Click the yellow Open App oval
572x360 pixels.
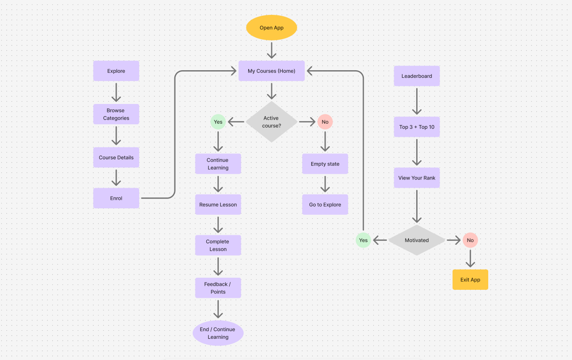pyautogui.click(x=272, y=28)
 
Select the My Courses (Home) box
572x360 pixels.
pyautogui.click(x=272, y=71)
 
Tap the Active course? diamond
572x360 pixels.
pyautogui.click(x=272, y=122)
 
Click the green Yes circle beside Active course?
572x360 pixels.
pyautogui.click(x=218, y=122)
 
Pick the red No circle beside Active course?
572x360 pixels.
pyautogui.click(x=325, y=122)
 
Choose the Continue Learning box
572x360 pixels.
pyautogui.click(x=218, y=164)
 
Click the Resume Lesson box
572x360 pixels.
pyautogui.click(x=218, y=205)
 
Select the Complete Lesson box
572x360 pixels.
pyautogui.click(x=218, y=245)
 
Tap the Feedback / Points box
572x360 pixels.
pyautogui.click(x=218, y=288)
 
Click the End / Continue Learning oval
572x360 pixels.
pyautogui.click(x=218, y=333)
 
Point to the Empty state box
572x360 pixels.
pyautogui.click(x=325, y=164)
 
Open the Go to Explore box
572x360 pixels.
pyautogui.click(x=325, y=205)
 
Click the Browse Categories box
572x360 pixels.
pyautogui.click(x=116, y=114)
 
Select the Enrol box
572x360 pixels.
pyautogui.click(x=116, y=198)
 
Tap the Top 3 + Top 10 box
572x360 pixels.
pyautogui.click(x=417, y=127)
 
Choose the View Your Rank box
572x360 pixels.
pyautogui.click(x=417, y=178)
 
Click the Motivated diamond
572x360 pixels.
pyautogui.click(x=417, y=240)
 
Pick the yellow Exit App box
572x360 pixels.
pyautogui.click(x=470, y=279)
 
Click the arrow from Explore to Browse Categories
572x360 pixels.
pyautogui.click(x=116, y=93)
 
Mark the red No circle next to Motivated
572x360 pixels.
pyautogui.click(x=470, y=240)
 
